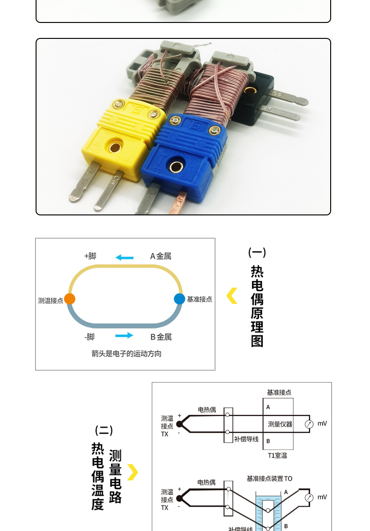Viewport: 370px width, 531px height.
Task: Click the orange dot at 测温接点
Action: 69,299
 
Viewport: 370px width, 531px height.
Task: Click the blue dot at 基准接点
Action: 179,299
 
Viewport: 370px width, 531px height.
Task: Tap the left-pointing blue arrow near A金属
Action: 125,257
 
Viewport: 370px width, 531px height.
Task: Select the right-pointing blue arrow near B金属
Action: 124,335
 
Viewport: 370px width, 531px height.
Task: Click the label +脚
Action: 90,256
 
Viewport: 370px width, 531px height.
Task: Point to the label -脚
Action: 89,337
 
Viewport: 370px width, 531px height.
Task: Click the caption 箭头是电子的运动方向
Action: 126,354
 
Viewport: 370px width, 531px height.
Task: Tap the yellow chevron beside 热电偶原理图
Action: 232,296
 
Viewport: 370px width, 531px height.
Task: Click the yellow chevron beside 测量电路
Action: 133,472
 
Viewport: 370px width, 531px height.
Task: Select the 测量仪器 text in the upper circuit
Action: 280,424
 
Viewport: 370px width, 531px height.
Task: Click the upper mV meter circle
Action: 309,424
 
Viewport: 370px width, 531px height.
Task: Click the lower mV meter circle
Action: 309,498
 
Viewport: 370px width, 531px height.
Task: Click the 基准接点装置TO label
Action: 269,479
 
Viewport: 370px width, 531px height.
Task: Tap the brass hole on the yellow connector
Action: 114,148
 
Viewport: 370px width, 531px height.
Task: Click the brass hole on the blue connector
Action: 177,166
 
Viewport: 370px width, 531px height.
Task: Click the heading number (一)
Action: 257,253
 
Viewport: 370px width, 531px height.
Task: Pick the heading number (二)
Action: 104,430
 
